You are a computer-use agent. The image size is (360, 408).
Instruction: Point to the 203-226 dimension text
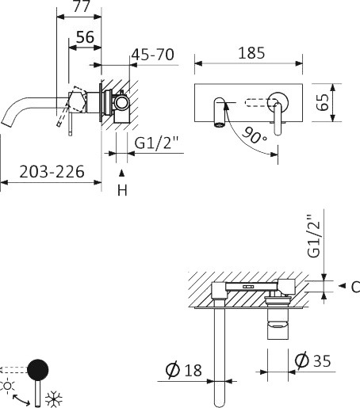pyautogui.click(x=41, y=170)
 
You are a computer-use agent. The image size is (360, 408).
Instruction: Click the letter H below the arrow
pyautogui.click(x=121, y=190)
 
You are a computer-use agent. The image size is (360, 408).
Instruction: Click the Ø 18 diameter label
pyautogui.click(x=185, y=368)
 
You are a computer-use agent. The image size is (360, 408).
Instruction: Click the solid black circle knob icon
pyautogui.click(x=38, y=370)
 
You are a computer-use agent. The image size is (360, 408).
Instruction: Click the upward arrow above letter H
pyautogui.click(x=121, y=172)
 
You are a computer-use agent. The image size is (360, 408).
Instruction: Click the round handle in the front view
pyautogui.click(x=278, y=101)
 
